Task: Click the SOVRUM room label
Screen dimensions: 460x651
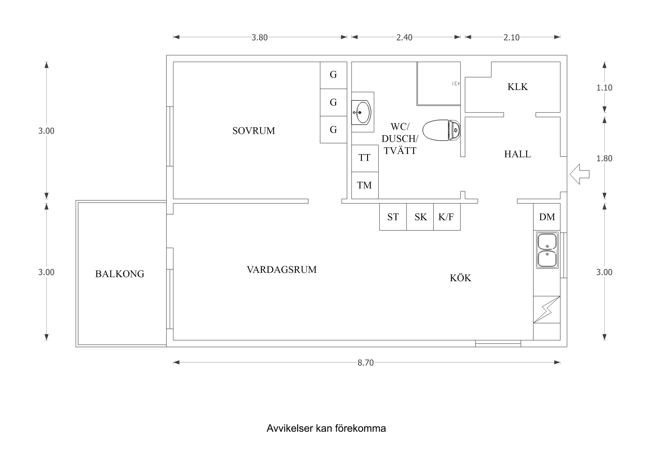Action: click(x=253, y=131)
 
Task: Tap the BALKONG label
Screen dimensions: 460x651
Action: click(x=120, y=274)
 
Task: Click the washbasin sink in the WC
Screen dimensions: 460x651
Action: click(x=363, y=112)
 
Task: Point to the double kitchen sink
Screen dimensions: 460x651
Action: click(x=547, y=250)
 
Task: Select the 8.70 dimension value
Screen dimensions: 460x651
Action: click(x=365, y=363)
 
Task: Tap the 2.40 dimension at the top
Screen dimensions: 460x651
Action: click(x=404, y=37)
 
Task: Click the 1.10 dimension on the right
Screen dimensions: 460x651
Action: click(x=604, y=87)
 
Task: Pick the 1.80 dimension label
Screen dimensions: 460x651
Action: click(x=604, y=159)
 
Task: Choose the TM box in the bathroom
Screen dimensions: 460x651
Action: click(x=364, y=185)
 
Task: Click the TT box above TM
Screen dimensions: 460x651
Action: click(x=364, y=158)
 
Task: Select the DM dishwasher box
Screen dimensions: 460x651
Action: click(x=547, y=217)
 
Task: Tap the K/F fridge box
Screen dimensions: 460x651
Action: click(x=446, y=217)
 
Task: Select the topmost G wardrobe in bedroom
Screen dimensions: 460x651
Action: click(x=333, y=75)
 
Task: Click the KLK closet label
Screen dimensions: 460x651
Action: click(x=517, y=87)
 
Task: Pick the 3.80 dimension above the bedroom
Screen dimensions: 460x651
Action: click(x=259, y=37)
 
